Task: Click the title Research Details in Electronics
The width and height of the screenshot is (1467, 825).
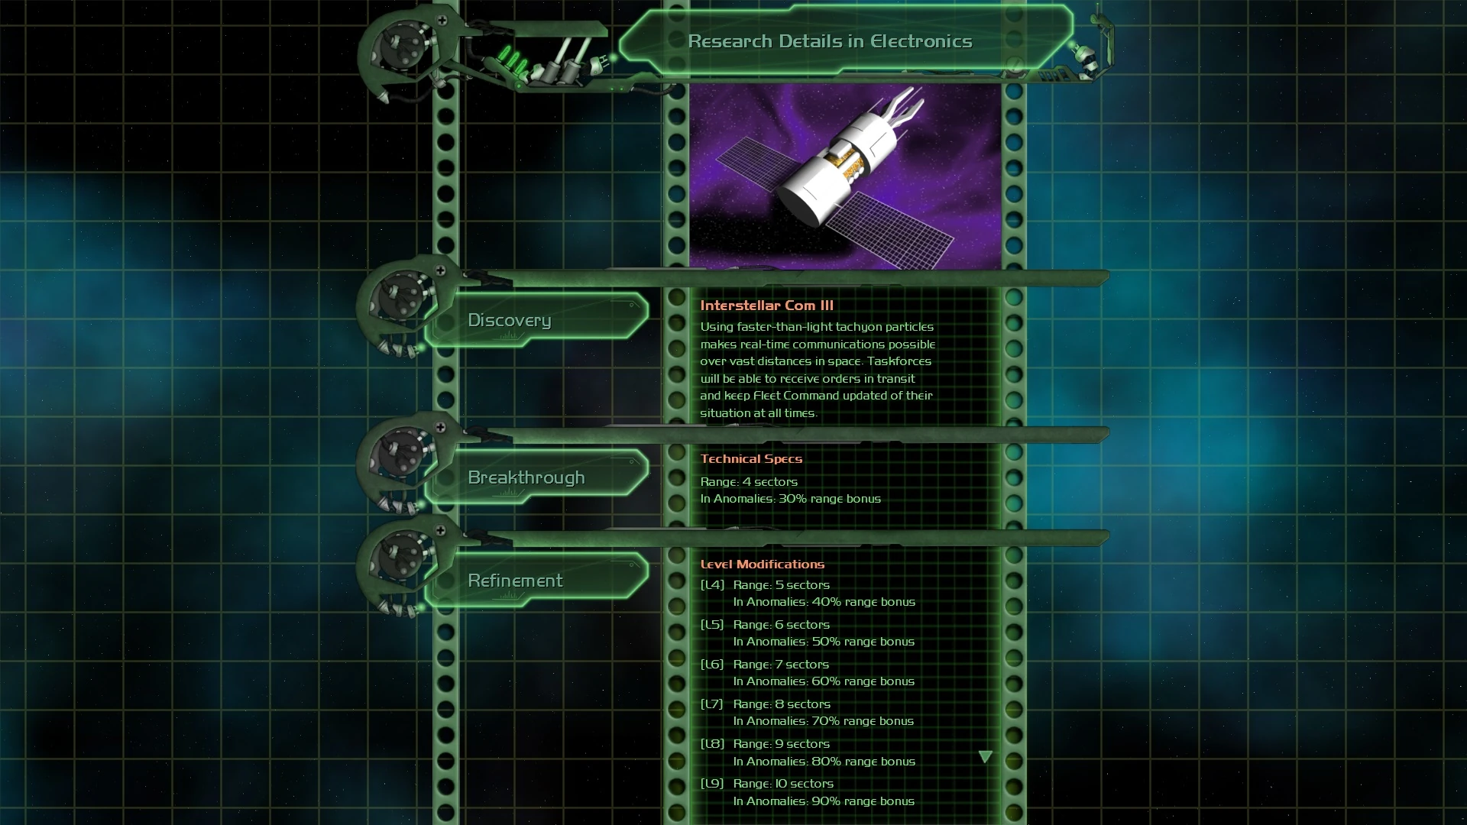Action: click(x=830, y=41)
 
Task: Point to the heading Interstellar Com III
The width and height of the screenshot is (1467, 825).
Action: click(x=766, y=306)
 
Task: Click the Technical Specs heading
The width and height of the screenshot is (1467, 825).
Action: click(x=751, y=458)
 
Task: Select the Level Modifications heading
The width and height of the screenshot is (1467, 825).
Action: click(x=763, y=565)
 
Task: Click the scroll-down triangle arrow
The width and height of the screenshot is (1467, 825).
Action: click(x=986, y=757)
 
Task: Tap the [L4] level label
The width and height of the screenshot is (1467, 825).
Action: click(x=712, y=585)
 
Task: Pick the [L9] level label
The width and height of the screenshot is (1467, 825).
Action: click(x=712, y=784)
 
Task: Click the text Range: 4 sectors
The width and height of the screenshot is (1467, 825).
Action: click(x=749, y=482)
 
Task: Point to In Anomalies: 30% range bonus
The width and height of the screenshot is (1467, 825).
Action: click(x=791, y=499)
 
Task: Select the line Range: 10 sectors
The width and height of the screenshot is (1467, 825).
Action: click(x=783, y=784)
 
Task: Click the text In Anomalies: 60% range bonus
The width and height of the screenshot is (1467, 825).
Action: click(x=824, y=681)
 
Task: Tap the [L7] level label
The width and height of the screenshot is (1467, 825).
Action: click(x=712, y=704)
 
